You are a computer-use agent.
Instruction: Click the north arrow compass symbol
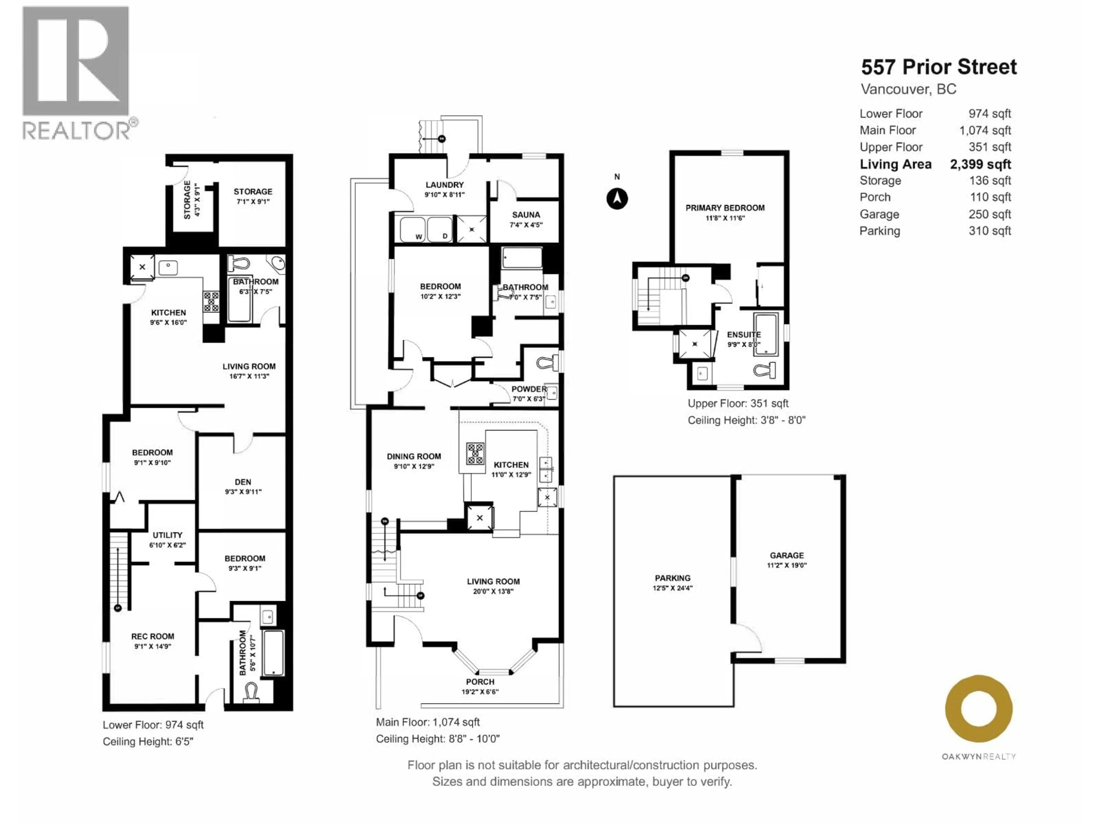tap(617, 199)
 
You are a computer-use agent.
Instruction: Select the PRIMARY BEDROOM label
tap(725, 208)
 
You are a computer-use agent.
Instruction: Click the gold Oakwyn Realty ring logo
tap(978, 708)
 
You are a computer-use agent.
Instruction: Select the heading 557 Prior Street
tap(939, 67)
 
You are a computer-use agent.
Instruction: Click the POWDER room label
tap(529, 389)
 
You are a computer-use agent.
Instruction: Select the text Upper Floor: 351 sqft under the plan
tap(738, 403)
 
